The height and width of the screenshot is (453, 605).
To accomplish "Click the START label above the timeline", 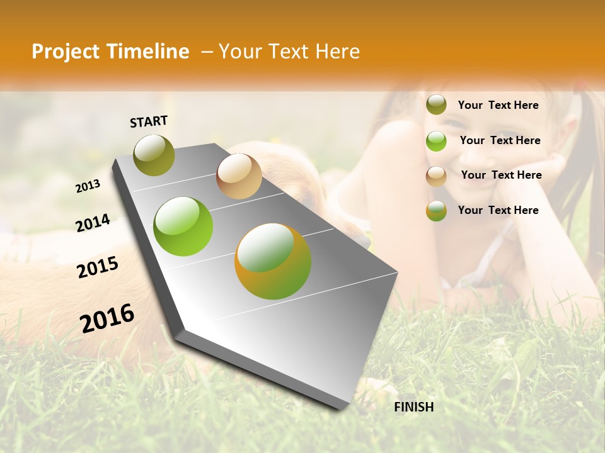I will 149,121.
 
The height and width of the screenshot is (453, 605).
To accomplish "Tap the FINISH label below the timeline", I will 414,407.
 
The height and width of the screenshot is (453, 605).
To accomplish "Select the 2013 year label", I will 88,186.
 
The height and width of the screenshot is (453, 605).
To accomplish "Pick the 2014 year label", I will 93,223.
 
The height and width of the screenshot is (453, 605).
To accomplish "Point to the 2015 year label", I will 98,267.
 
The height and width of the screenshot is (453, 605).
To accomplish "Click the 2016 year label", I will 107,318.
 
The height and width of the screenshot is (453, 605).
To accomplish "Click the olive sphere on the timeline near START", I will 154,155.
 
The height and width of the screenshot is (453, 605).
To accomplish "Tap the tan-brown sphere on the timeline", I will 239,176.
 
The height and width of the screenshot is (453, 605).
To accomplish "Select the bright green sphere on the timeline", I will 183,226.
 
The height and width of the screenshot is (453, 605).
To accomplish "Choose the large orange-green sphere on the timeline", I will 273,261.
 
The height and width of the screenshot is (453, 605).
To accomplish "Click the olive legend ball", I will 436,105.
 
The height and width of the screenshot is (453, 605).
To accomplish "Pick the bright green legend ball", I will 436,141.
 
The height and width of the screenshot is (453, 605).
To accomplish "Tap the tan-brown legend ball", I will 436,176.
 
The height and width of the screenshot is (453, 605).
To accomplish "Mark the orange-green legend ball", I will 436,211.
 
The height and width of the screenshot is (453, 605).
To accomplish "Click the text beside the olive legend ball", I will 498,105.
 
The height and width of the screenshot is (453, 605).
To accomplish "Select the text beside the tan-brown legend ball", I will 501,175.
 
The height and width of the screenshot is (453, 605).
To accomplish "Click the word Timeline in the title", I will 148,52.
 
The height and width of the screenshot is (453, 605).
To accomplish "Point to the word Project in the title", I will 66,52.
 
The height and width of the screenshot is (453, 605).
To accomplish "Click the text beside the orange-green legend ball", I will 498,210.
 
